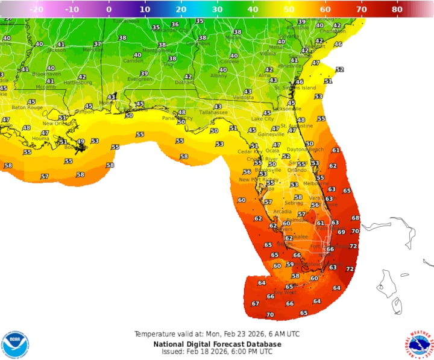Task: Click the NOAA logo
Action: pyautogui.click(x=15, y=344)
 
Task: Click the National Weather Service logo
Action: pyautogui.click(x=418, y=344)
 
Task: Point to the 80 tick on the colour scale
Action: pyautogui.click(x=397, y=10)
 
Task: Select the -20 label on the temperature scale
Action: pyautogui.click(x=36, y=10)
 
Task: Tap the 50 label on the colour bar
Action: pyautogui.click(x=289, y=10)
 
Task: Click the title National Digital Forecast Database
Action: pyautogui.click(x=217, y=344)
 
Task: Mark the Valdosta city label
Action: pyautogui.click(x=244, y=97)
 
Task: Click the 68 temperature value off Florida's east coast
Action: pyautogui.click(x=356, y=218)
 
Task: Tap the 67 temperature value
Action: pyautogui.click(x=255, y=303)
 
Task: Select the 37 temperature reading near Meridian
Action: pyautogui.click(x=97, y=44)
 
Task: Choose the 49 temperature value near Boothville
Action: pyautogui.click(x=80, y=141)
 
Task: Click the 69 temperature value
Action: pyautogui.click(x=341, y=232)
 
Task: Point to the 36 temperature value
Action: pyautogui.click(x=175, y=25)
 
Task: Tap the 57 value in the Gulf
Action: pyautogui.click(x=45, y=177)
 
